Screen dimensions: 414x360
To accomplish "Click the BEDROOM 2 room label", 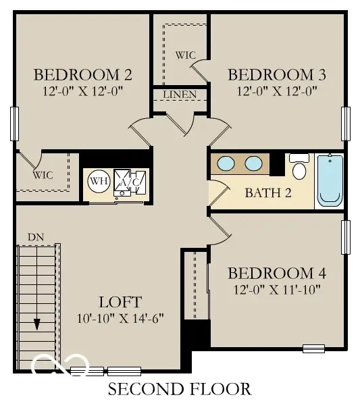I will click(x=82, y=74).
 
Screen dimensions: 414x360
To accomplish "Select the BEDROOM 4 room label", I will click(x=277, y=274).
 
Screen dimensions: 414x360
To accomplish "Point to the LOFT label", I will click(x=120, y=302).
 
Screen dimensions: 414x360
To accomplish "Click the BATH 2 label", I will click(x=268, y=193).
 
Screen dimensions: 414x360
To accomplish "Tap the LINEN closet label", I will click(x=180, y=94).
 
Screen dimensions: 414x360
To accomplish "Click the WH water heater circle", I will click(x=99, y=181).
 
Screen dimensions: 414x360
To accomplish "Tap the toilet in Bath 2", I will click(x=299, y=167).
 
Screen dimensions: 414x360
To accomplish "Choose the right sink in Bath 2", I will click(x=253, y=163).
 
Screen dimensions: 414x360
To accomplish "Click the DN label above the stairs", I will click(x=36, y=237).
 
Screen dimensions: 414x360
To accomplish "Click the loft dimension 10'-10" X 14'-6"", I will click(x=120, y=317).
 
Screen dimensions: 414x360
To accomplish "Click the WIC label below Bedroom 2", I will click(x=43, y=175).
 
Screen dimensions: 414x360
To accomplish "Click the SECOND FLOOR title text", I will click(x=180, y=389).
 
